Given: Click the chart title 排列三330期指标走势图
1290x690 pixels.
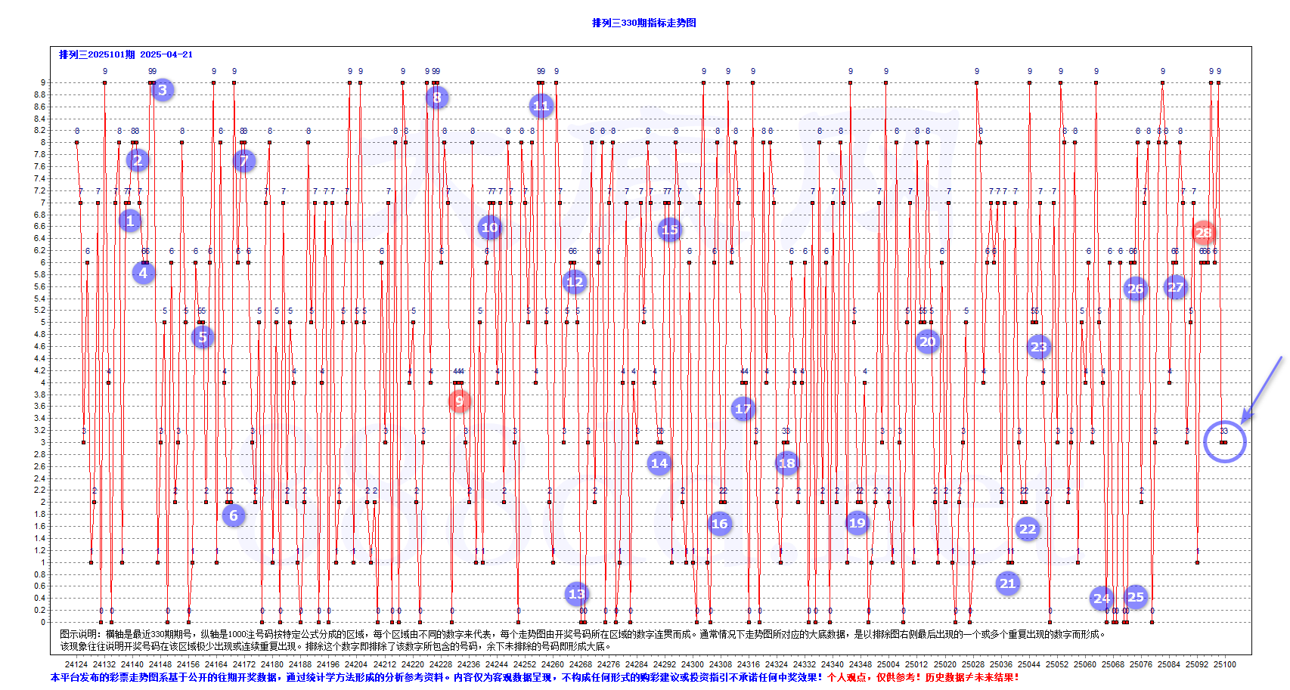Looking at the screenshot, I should (643, 23).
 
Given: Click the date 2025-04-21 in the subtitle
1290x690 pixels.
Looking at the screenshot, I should (166, 54).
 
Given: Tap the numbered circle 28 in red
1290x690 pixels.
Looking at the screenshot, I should (1203, 233).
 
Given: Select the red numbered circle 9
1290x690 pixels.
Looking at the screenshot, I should (459, 401).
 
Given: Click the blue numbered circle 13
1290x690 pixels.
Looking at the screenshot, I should (576, 593).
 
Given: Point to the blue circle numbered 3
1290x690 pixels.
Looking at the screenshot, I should (162, 90).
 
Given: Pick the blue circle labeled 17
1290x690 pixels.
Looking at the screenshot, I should (743, 409).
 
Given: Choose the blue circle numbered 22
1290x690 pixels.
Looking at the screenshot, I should (1027, 529).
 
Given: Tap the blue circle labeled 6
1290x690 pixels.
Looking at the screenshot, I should (234, 515).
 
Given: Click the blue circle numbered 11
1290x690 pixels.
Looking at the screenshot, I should (541, 106).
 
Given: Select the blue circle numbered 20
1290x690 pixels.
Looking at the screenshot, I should (927, 342).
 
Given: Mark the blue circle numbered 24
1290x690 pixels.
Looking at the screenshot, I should (1102, 599).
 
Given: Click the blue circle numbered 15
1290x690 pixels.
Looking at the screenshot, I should (669, 230).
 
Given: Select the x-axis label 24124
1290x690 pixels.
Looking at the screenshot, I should (76, 664).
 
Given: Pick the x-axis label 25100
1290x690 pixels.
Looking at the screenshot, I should (1224, 664).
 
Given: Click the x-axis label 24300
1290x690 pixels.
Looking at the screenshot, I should (693, 664).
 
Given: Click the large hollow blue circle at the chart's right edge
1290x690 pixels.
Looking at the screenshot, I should (1224, 442).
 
